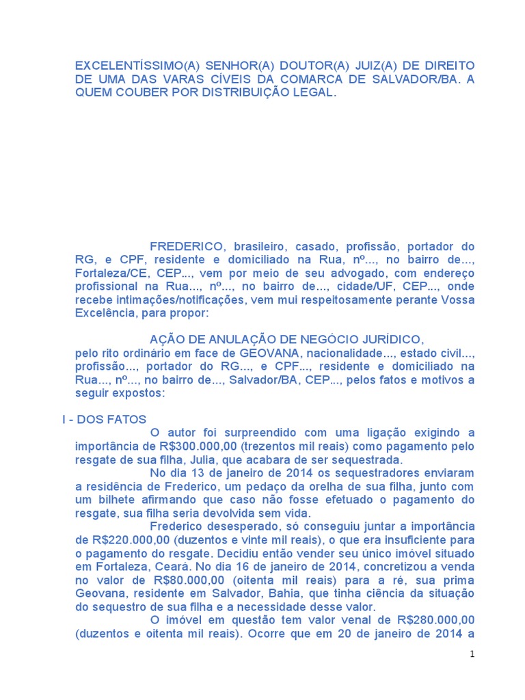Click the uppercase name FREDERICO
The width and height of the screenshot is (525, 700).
coord(187,246)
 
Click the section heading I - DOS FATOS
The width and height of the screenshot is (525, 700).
coord(103,419)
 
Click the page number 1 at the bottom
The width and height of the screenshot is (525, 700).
coord(472,654)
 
